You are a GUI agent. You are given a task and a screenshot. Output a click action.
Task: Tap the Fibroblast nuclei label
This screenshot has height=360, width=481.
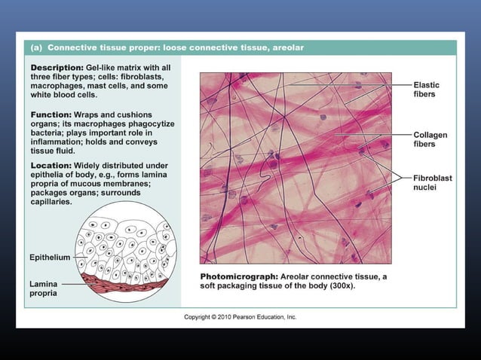pos(431,182)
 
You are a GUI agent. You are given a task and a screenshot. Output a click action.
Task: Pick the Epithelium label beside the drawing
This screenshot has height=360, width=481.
pos(50,258)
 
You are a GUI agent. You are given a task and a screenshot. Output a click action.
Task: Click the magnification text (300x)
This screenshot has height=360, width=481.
pos(342,286)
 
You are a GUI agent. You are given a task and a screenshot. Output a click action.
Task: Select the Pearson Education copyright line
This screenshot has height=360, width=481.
pos(240,317)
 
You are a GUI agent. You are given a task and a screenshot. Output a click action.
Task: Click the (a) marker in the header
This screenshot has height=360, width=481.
pos(36,47)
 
